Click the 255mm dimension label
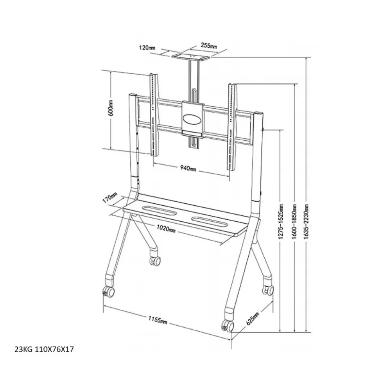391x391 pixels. point(208,46)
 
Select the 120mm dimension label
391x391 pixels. point(147,47)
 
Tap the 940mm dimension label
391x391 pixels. point(188,168)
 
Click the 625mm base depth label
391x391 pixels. point(253,319)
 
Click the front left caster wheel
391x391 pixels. point(108,291)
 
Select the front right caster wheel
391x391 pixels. point(227,325)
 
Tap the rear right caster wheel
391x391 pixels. point(268,290)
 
